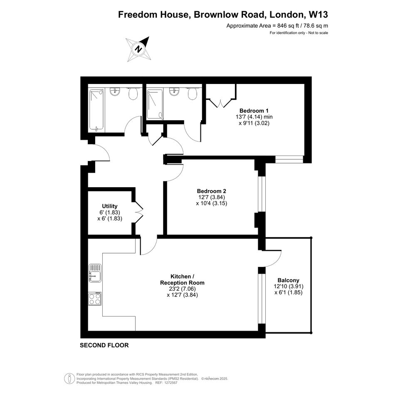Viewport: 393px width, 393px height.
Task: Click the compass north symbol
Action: (x=138, y=49)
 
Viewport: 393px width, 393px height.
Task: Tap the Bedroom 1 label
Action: (x=254, y=111)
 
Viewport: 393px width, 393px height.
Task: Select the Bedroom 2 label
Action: (x=211, y=191)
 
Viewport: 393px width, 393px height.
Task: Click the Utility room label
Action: (x=110, y=206)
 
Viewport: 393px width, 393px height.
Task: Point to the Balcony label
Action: (x=288, y=280)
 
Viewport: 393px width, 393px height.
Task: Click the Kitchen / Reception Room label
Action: (x=182, y=279)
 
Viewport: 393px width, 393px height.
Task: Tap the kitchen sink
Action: (x=95, y=273)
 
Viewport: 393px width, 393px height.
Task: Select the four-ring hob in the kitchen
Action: (x=95, y=299)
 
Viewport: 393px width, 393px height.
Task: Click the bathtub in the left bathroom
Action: (x=96, y=110)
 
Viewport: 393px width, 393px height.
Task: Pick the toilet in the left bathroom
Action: (x=133, y=93)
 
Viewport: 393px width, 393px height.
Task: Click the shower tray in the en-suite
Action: (x=155, y=104)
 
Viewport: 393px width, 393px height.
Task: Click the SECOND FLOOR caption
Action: (x=104, y=345)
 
